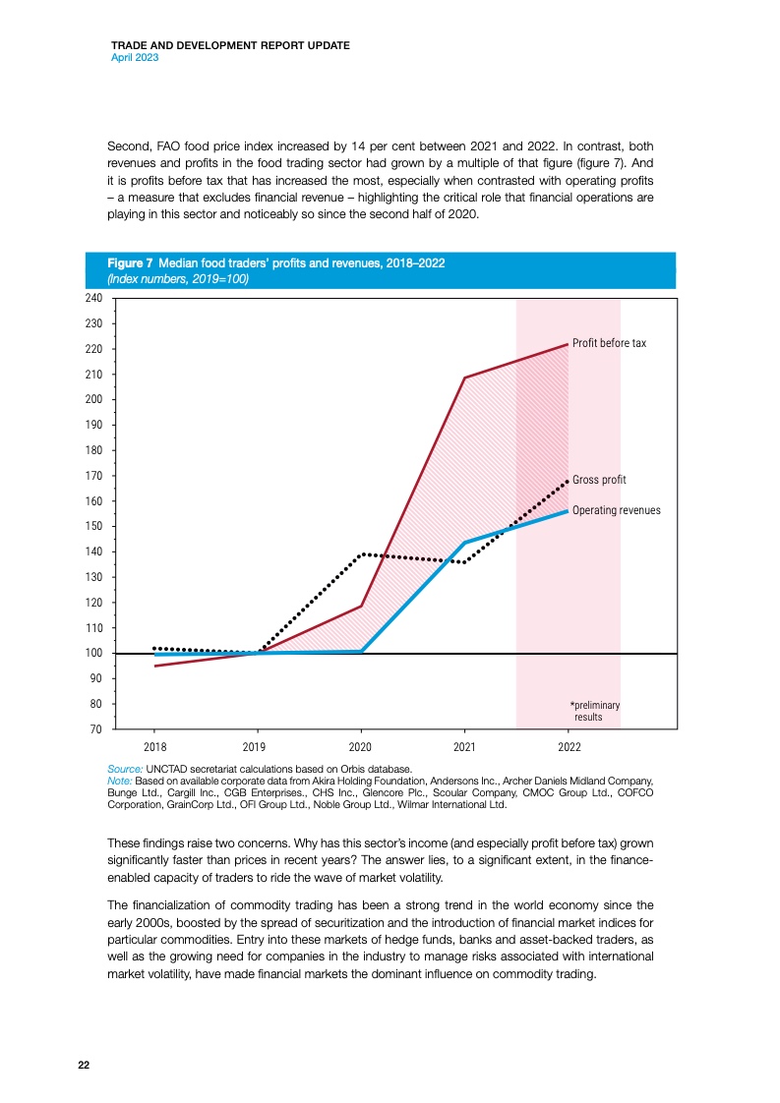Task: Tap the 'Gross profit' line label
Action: (599, 480)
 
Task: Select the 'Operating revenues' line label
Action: (616, 511)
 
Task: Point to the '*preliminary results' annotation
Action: (595, 711)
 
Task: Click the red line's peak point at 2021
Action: (464, 377)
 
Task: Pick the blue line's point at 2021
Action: (464, 542)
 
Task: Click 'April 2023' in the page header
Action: (135, 58)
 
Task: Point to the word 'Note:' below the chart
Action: (119, 780)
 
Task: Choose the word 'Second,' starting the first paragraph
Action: (129, 145)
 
